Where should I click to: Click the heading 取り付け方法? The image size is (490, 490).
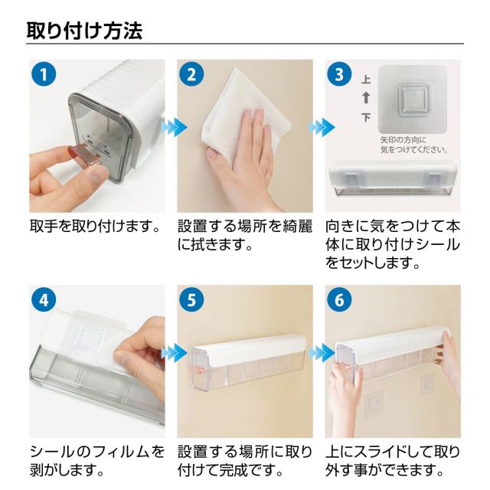(84, 31)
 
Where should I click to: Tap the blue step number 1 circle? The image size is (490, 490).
(44, 75)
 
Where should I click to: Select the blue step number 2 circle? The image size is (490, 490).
(191, 75)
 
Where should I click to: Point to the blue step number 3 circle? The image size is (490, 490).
(339, 75)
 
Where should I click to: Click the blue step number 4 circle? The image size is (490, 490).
(44, 300)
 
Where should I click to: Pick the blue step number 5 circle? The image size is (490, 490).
(191, 300)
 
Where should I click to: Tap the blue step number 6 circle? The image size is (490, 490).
(339, 300)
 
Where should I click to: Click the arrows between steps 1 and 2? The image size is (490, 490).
(175, 127)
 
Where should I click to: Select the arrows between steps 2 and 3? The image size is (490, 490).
(322, 127)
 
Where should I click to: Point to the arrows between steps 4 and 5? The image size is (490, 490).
(175, 352)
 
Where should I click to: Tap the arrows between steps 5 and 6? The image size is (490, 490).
(322, 352)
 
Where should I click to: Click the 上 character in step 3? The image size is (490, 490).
(366, 80)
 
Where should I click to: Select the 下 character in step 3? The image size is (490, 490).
(366, 117)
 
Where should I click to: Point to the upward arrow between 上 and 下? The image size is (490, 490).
(366, 98)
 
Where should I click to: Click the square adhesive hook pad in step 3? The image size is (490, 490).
(412, 99)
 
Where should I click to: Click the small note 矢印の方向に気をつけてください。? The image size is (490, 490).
(414, 145)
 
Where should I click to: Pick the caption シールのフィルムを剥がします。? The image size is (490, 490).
(97, 461)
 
